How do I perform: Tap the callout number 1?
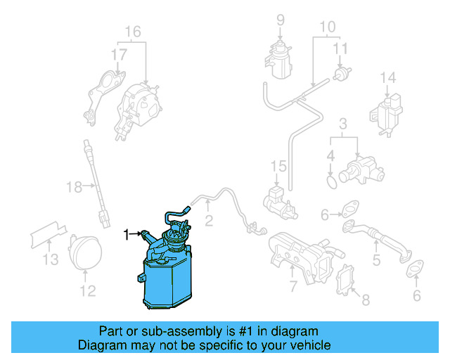pos(127,233)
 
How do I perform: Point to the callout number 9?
pos(280,20)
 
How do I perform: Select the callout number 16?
pos(133,32)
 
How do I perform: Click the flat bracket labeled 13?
pos(49,234)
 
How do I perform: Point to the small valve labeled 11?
pos(343,73)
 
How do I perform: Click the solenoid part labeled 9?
pos(279,56)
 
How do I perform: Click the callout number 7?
pos(292,285)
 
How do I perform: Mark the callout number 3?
pos(342,124)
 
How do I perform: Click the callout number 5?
pos(376,261)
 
